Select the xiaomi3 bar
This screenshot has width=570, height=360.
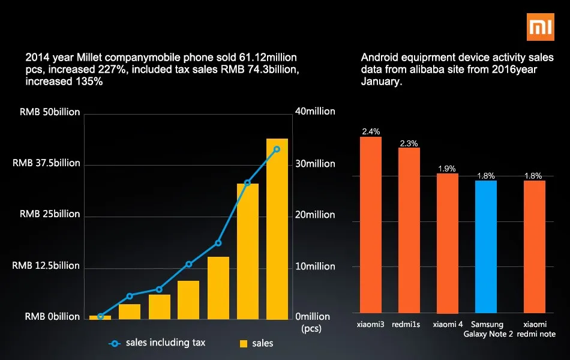(x=370, y=225)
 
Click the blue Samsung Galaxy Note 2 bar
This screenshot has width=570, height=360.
(x=485, y=247)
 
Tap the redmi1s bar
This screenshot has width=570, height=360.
(x=409, y=230)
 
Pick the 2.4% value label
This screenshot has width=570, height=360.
(x=370, y=131)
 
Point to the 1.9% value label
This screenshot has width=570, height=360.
(x=447, y=169)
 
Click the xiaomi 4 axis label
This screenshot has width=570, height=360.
(x=448, y=325)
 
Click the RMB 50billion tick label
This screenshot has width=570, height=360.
(x=50, y=112)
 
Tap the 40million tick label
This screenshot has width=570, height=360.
(x=315, y=112)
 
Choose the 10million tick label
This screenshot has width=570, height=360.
(x=315, y=266)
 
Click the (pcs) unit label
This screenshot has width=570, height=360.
(x=311, y=328)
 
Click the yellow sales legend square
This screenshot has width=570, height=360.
(x=244, y=344)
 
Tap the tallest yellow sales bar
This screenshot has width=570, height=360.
(x=277, y=229)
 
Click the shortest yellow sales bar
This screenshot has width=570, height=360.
(x=100, y=317)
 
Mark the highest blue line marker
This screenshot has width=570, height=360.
(x=277, y=149)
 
